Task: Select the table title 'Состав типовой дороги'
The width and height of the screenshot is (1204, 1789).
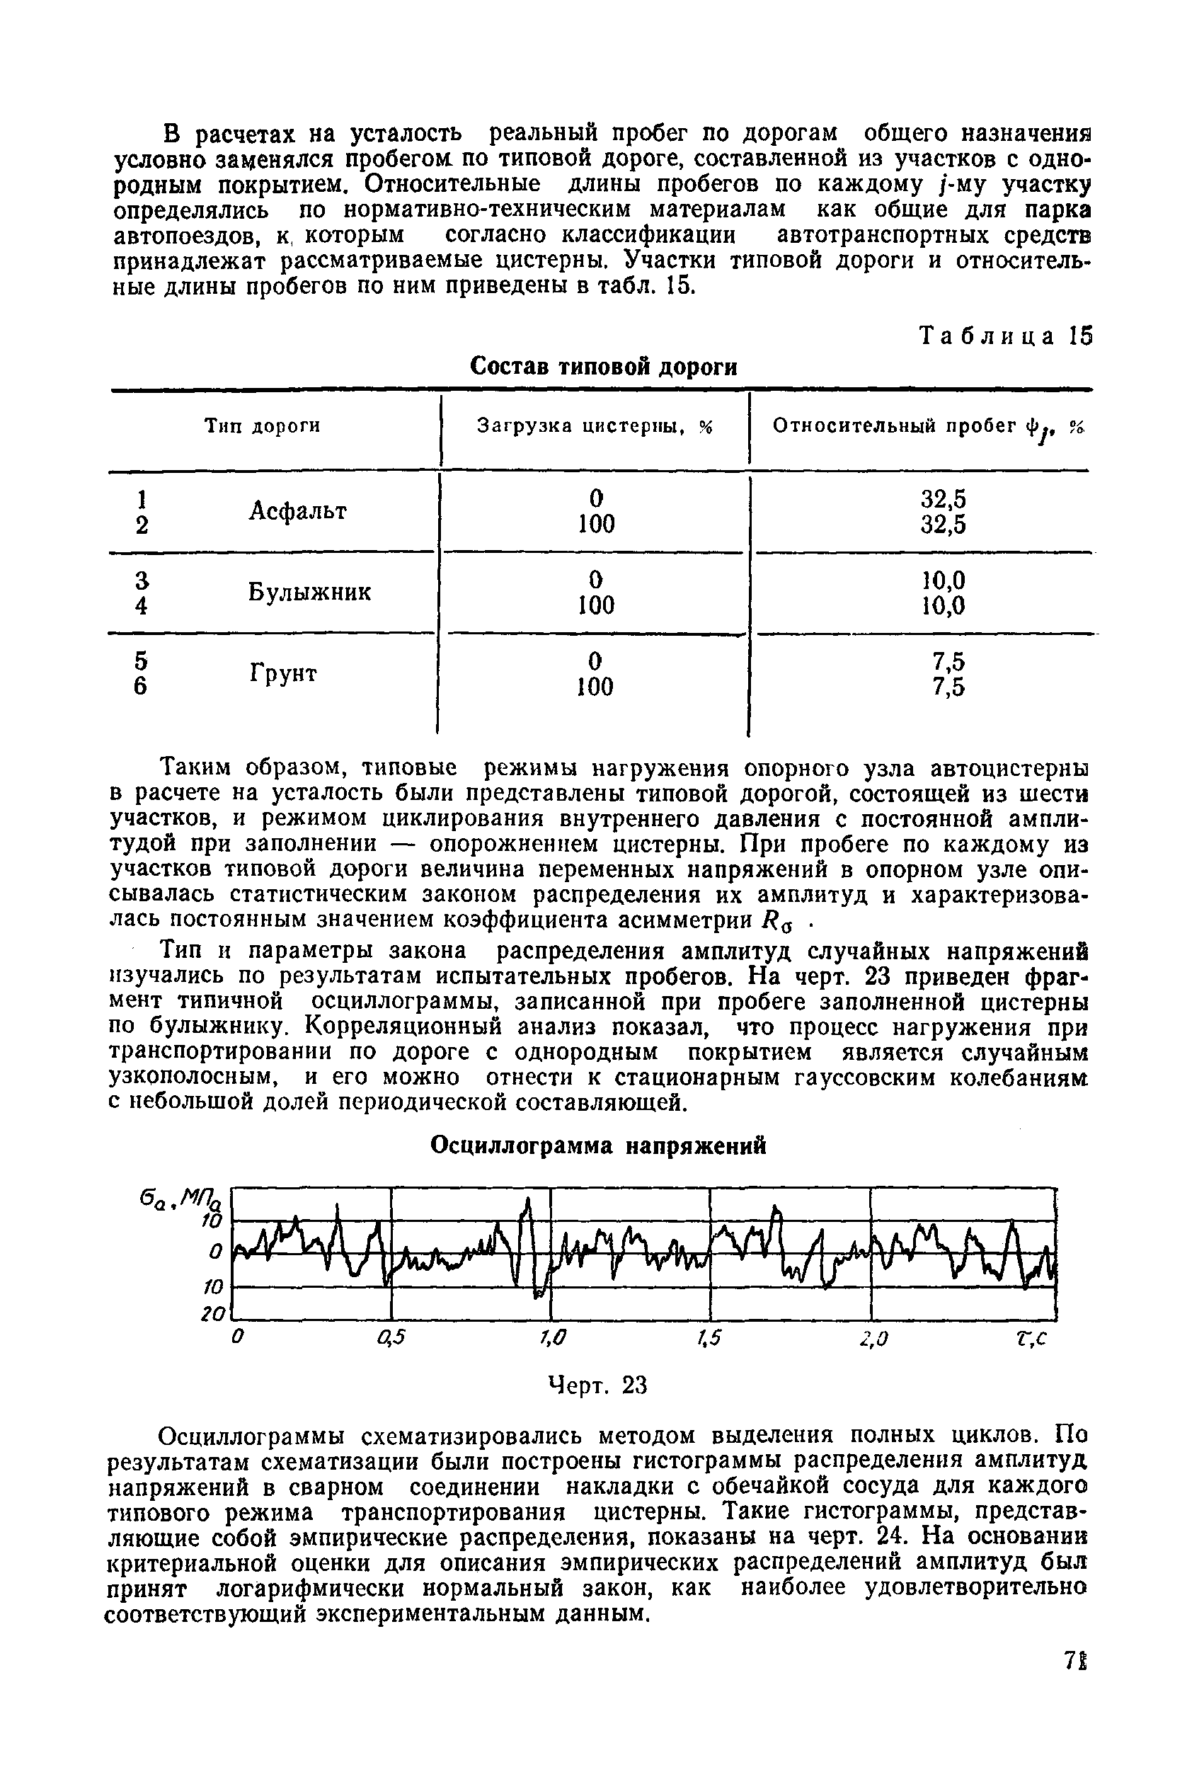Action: pos(603,367)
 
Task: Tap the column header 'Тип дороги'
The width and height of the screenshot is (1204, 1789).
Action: pos(262,425)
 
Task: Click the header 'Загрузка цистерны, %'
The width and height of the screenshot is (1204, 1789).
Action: pos(595,426)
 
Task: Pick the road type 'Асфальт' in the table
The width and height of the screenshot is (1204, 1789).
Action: pos(297,510)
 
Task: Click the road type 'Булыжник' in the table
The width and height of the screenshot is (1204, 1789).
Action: pos(309,592)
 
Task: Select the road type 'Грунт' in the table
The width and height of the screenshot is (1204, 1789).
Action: pos(283,673)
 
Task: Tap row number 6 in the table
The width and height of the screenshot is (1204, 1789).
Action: pos(139,687)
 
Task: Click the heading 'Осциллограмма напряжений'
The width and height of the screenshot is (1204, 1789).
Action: pos(598,1145)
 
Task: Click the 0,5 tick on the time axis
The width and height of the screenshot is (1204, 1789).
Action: pos(390,1337)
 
